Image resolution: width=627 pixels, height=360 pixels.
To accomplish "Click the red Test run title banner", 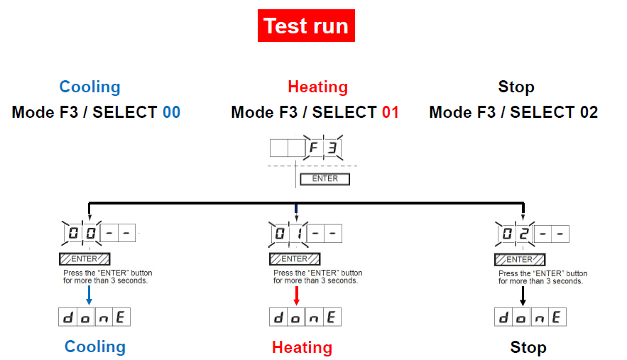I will (305, 26).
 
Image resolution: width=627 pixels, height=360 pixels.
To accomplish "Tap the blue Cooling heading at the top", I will (89, 87).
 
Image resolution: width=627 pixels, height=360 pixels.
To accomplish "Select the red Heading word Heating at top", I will (317, 87).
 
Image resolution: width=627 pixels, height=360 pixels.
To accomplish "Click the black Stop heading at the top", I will (516, 87).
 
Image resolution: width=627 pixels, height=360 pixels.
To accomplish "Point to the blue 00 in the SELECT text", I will (170, 112).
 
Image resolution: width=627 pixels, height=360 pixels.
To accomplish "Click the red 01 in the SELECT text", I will (390, 112).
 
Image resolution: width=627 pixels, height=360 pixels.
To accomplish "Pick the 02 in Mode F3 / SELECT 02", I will (588, 112).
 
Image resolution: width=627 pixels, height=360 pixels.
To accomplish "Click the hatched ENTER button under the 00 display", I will (84, 258).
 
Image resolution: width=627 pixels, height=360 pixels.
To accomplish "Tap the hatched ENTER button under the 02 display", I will (520, 259).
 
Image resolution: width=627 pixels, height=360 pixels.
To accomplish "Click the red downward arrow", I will (296, 295).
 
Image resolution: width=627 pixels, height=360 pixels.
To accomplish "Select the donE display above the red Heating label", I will (306, 317).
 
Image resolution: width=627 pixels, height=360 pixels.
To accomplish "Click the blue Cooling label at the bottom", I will (94, 347).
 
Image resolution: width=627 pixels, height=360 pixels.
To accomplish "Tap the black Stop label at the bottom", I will (528, 347).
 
